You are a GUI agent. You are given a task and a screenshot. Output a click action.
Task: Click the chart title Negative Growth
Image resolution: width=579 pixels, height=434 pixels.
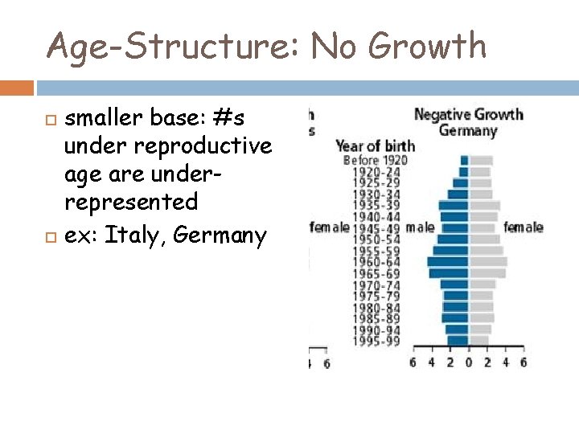click(468, 115)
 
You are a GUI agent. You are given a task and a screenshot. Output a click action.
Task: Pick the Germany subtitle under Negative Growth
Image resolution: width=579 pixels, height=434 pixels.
click(468, 131)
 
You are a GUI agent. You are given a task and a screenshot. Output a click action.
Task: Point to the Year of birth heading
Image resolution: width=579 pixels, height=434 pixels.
click(375, 146)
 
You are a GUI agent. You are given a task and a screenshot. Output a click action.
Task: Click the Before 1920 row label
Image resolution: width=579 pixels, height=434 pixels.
click(375, 160)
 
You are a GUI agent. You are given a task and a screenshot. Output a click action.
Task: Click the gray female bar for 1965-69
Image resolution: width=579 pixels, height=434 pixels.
click(488, 273)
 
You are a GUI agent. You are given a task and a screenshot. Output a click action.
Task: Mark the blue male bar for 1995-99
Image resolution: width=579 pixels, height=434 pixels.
click(458, 340)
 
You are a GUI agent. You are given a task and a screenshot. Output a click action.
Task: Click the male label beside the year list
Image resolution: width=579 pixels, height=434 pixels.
click(420, 227)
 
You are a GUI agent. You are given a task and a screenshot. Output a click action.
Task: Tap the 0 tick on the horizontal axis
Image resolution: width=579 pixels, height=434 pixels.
click(469, 362)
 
